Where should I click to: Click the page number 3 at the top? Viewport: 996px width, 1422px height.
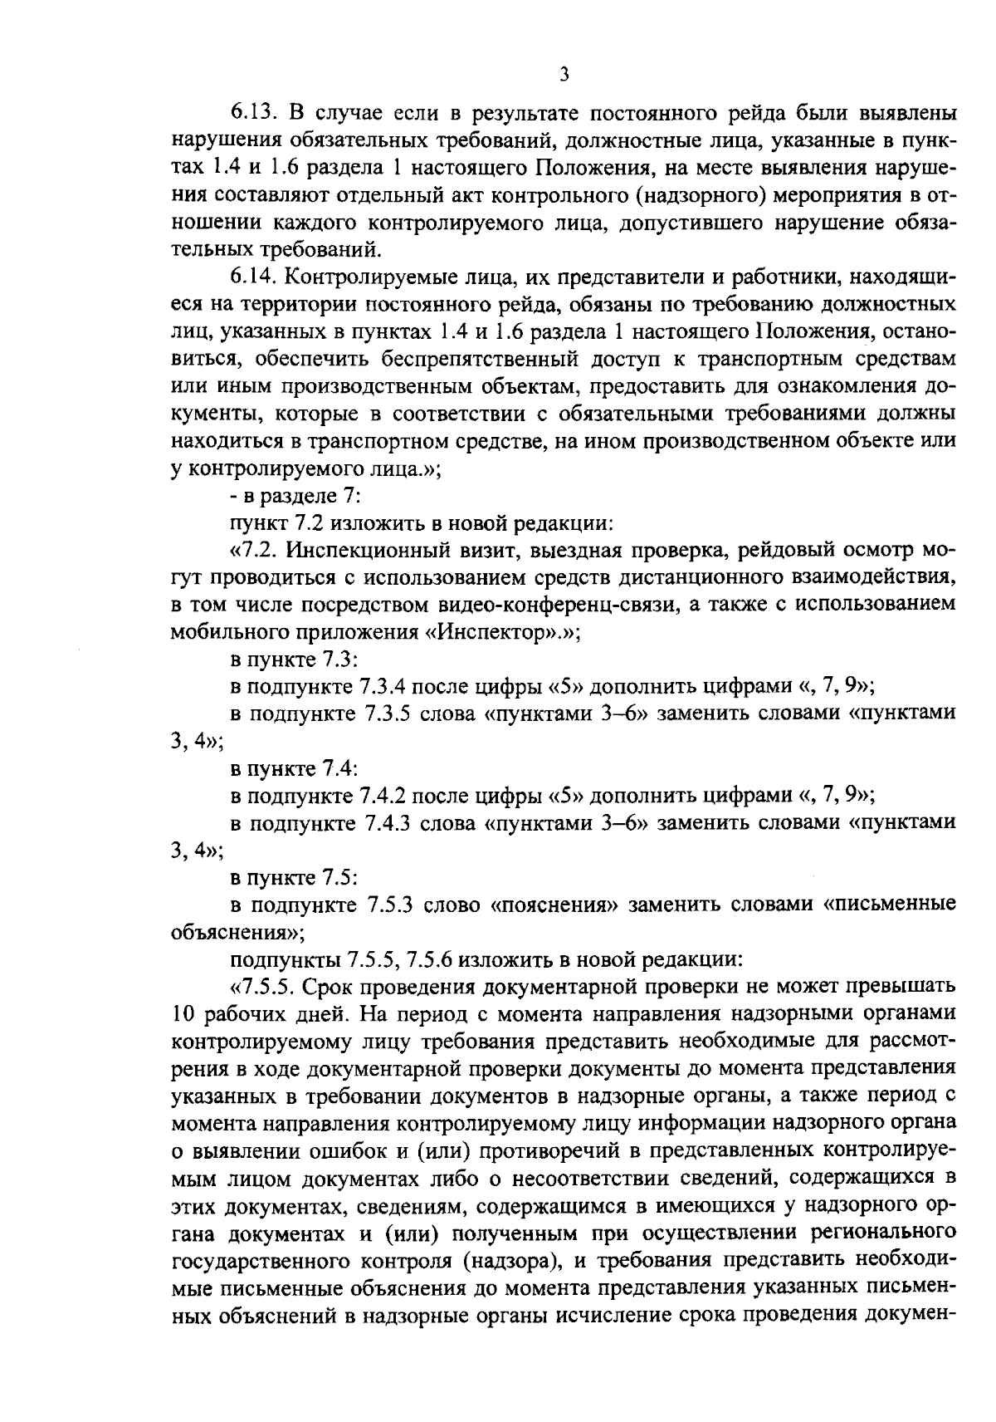click(x=564, y=75)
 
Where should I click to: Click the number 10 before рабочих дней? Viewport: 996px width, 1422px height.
click(x=183, y=1014)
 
